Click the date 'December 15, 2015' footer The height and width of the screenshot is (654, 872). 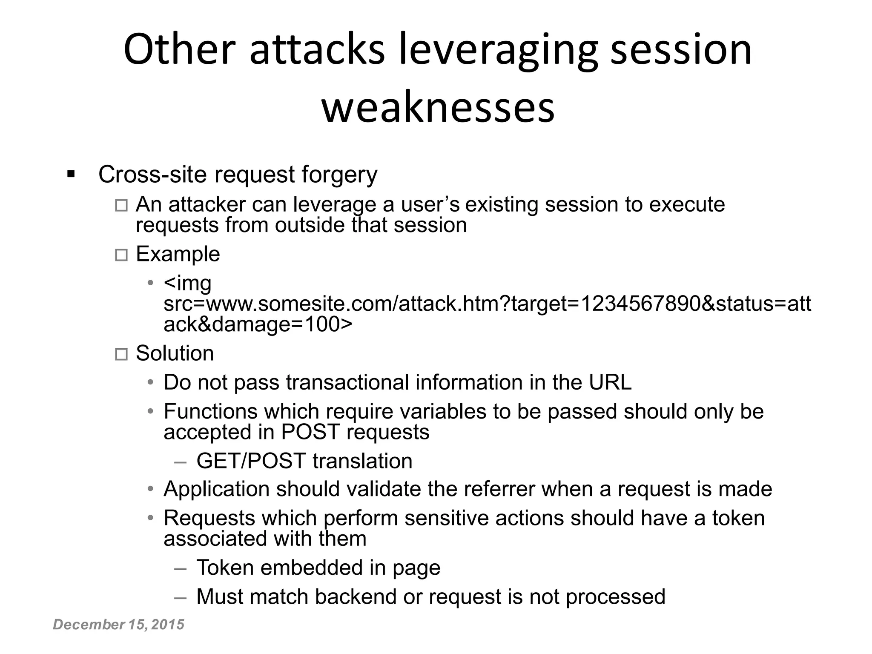[x=118, y=624]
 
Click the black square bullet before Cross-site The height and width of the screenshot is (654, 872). [x=71, y=174]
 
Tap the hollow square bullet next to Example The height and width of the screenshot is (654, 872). [x=121, y=255]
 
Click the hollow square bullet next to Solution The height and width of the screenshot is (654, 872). [x=121, y=354]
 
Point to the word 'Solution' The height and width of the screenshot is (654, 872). [x=175, y=353]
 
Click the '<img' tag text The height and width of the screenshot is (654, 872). [x=187, y=284]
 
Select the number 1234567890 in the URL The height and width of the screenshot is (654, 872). [x=640, y=304]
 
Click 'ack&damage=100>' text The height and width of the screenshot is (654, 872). [x=258, y=324]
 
